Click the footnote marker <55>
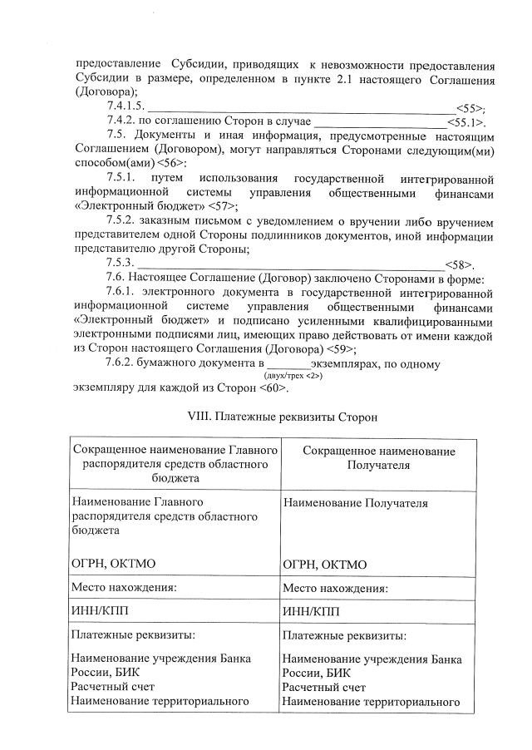pyautogui.click(x=470, y=107)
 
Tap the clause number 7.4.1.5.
pyautogui.click(x=126, y=107)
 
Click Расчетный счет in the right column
pyautogui.click(x=324, y=688)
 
